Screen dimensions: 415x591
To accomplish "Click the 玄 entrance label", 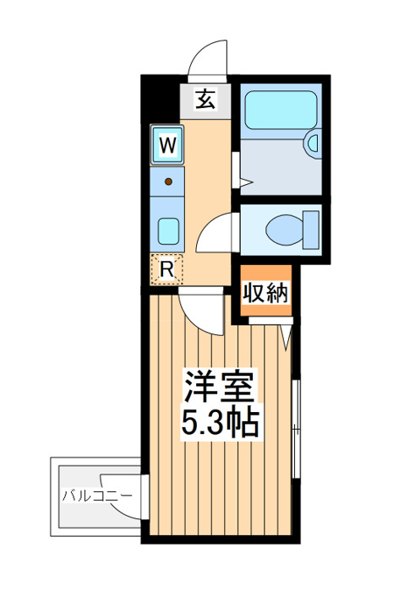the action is coord(206,100).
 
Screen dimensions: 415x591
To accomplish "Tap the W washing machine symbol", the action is coord(167,144).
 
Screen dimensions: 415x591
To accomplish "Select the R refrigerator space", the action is coord(167,269).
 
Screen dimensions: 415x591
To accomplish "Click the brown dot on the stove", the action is coord(168,182).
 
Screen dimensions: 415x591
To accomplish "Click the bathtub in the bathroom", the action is coord(281,110).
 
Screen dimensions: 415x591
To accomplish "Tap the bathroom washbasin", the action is coord(313,144).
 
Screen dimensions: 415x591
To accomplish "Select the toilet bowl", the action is coord(285,230).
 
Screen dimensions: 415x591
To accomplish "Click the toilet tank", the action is coord(311,230).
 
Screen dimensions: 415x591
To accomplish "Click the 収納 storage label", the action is coord(266,292).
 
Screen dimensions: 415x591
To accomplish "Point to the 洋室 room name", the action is coord(219,386).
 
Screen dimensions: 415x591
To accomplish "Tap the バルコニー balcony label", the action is coord(97,496).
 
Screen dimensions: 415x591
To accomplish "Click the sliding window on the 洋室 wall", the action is coord(296,429).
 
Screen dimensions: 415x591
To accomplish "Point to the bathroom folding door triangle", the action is coord(246,183).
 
